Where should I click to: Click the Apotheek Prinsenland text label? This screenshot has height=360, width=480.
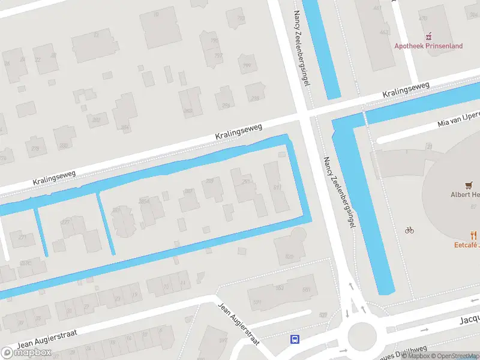click(x=428, y=46)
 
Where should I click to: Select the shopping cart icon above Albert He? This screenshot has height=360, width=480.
click(x=469, y=185)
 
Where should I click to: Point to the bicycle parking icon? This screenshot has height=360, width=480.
click(x=410, y=230)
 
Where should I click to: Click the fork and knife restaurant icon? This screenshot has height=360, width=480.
click(x=473, y=235)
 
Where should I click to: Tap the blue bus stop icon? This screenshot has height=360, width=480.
click(x=295, y=339)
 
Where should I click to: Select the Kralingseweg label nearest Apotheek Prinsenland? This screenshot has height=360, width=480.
click(x=407, y=91)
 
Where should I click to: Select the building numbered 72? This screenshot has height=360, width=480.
click(x=95, y=36)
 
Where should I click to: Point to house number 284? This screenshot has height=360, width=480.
click(x=125, y=127)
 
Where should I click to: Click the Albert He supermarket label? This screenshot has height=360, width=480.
click(x=465, y=194)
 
